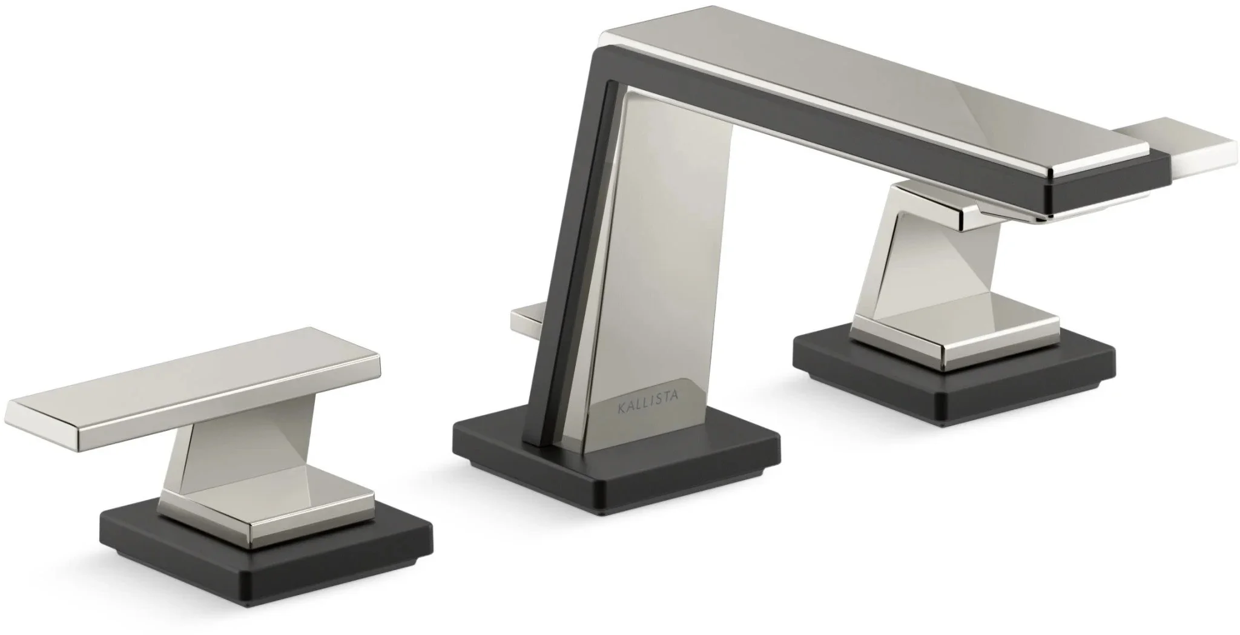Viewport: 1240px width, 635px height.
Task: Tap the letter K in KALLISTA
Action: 621,409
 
